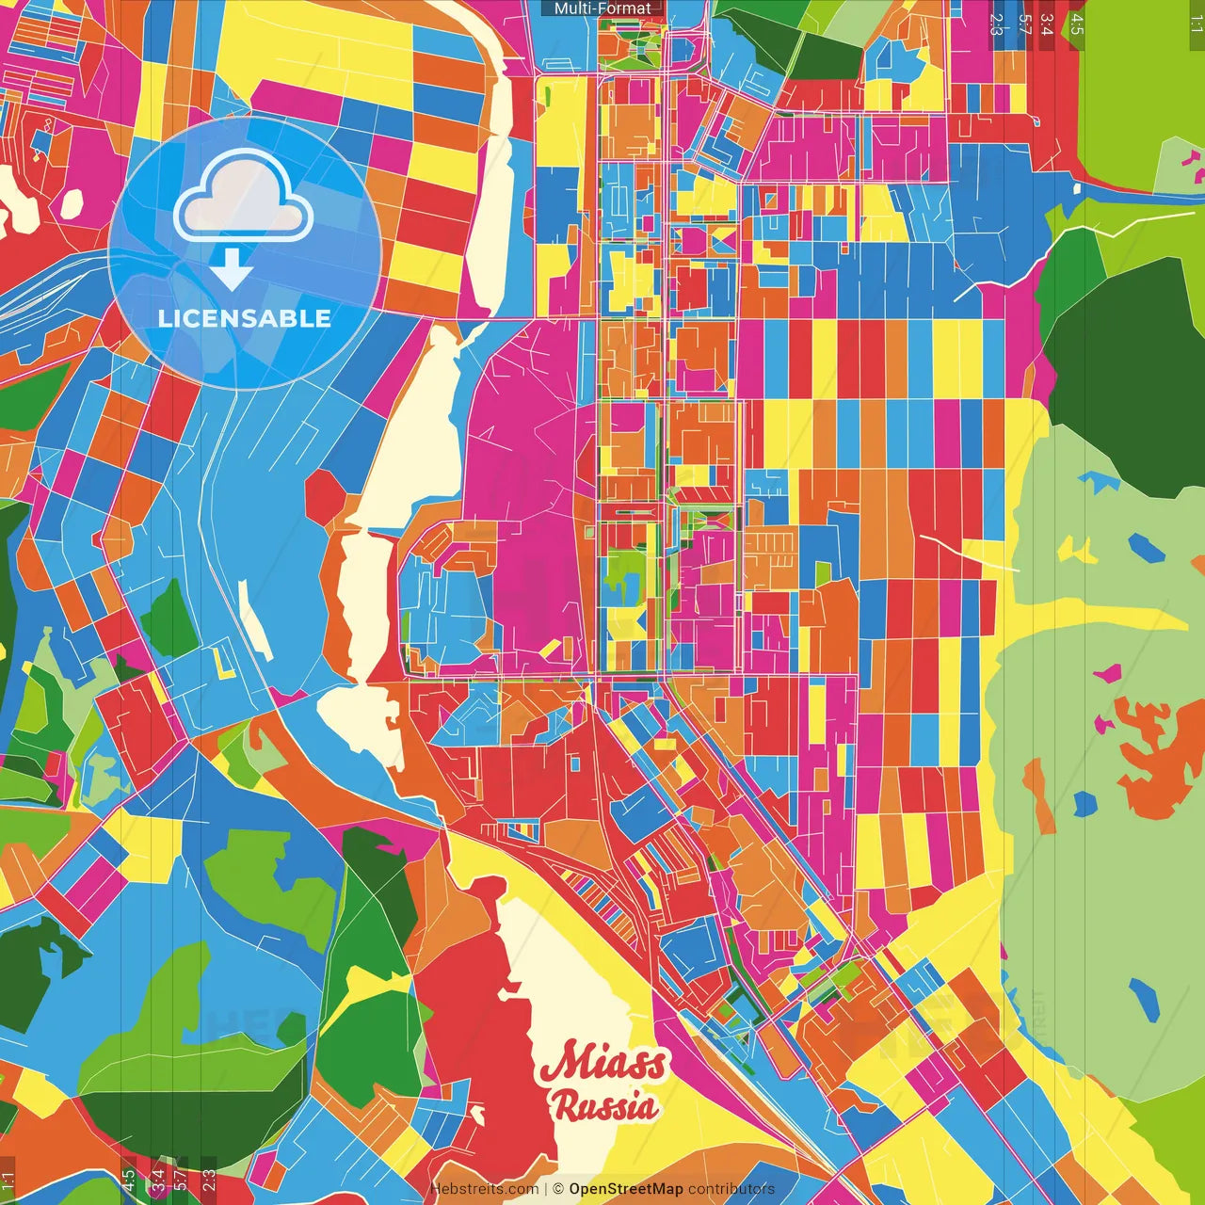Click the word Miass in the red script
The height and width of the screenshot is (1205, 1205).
tap(603, 1062)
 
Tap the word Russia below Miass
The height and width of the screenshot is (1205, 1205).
tap(604, 1105)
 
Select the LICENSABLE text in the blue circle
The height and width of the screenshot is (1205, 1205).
tap(244, 318)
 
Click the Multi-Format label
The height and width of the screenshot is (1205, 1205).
tap(602, 8)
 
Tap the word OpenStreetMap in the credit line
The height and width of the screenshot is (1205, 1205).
tap(625, 1189)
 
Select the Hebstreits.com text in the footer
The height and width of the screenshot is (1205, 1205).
tap(484, 1189)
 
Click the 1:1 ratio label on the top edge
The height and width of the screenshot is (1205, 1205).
tap(1195, 24)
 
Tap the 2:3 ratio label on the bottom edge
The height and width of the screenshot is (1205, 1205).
tap(208, 1180)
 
